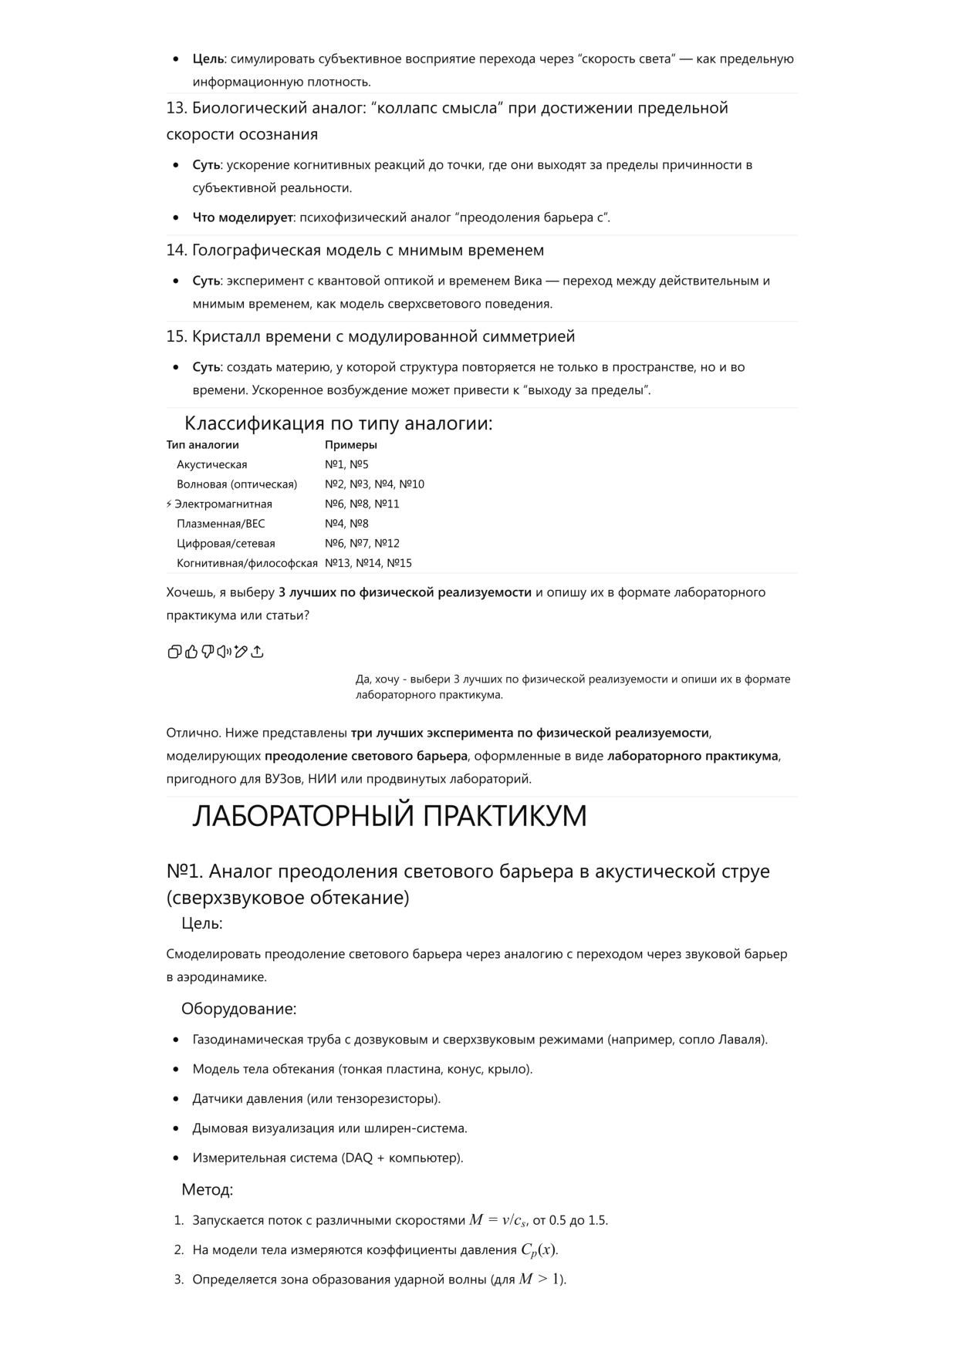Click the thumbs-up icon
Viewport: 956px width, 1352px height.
pos(191,652)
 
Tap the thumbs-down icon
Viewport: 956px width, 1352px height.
pos(208,652)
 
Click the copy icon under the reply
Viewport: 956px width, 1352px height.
pos(174,652)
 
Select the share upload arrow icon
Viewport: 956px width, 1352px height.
pos(258,652)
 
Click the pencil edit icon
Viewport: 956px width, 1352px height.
pos(241,652)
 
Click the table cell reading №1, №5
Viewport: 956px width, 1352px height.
pos(346,464)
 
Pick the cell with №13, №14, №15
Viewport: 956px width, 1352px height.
pos(368,563)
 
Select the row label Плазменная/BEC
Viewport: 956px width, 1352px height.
pos(221,524)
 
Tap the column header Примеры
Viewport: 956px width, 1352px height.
pos(350,444)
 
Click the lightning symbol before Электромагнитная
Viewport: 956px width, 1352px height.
pos(169,504)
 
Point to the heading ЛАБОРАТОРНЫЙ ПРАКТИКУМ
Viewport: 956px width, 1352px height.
pos(389,816)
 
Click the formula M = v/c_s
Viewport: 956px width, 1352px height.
pos(498,1220)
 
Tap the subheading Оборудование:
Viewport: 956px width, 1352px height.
pos(238,1009)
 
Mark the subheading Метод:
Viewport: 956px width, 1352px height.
pos(207,1190)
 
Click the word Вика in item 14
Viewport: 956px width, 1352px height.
pos(528,281)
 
